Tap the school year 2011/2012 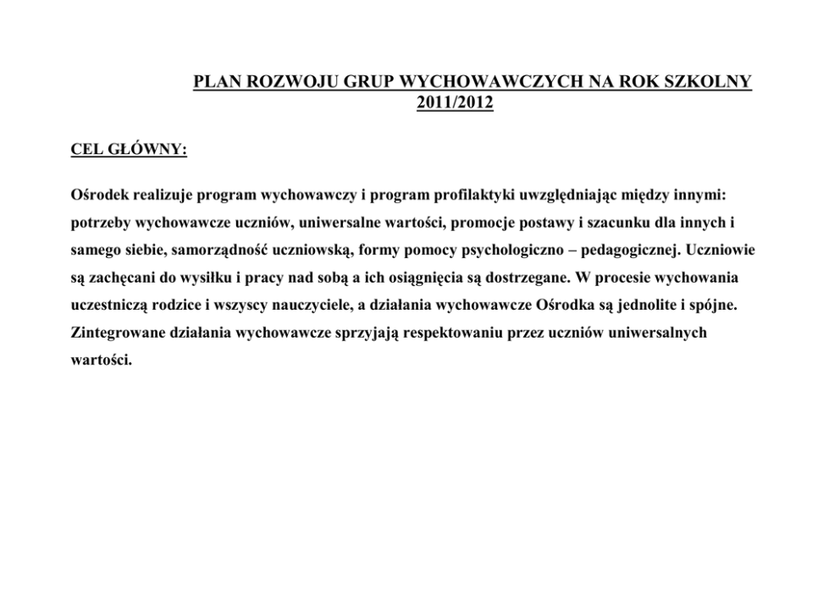coord(455,104)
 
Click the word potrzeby coord(97,223)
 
